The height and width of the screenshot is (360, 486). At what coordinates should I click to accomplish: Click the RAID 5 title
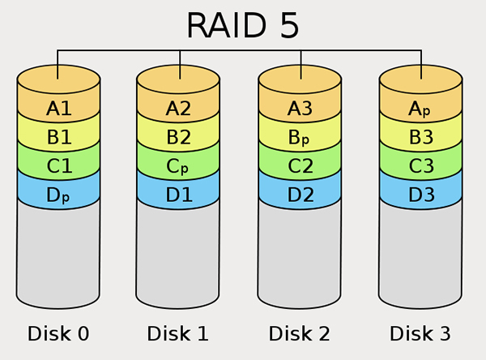(243, 25)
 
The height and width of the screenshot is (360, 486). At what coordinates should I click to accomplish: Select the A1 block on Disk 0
(58, 108)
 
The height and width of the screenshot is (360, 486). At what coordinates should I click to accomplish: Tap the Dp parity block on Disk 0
(58, 195)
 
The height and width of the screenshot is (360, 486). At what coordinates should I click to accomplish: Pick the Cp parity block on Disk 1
(178, 166)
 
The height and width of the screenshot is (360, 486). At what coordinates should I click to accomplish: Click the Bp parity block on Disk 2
(300, 137)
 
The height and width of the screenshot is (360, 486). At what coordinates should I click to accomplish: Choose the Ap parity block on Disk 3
(420, 108)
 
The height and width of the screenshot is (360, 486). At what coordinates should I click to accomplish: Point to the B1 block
(58, 137)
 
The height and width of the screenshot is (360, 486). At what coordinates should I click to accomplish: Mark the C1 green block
(58, 166)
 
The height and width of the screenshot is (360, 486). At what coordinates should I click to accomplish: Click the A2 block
(178, 108)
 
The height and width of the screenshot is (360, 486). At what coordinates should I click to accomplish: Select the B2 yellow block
(178, 137)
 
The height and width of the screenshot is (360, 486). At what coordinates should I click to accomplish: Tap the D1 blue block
(178, 195)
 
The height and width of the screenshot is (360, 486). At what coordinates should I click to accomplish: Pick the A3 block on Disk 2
(300, 108)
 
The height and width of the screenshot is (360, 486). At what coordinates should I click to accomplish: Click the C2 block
(300, 166)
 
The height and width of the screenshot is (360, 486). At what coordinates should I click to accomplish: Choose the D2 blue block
(300, 195)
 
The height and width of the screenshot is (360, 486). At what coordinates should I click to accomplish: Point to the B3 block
(420, 137)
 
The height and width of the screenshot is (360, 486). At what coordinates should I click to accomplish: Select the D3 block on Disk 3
(420, 195)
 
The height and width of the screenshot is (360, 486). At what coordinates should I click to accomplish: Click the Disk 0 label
(58, 333)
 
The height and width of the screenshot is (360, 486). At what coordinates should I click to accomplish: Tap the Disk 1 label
(177, 333)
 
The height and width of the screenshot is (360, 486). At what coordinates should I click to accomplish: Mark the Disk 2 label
(300, 333)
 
